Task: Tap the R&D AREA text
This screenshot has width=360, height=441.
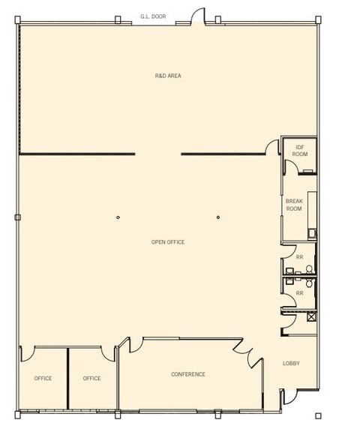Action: click(x=168, y=76)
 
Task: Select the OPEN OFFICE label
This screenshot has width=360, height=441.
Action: click(x=168, y=241)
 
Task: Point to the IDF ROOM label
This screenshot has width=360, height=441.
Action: click(x=300, y=150)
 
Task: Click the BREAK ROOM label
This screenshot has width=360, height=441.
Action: click(x=294, y=205)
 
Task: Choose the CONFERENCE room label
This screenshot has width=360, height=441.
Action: click(x=187, y=374)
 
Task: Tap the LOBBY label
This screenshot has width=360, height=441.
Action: click(x=291, y=364)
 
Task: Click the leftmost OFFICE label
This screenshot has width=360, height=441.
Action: click(x=43, y=378)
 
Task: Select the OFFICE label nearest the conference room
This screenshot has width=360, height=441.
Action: click(x=91, y=378)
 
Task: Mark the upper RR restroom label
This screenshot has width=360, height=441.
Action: click(x=299, y=257)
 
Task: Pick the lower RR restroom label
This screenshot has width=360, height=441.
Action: click(x=299, y=293)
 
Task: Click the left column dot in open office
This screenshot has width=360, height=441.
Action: click(x=118, y=217)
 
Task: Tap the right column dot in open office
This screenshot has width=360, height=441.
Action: click(x=218, y=217)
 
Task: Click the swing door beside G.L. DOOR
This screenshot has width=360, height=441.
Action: click(x=196, y=16)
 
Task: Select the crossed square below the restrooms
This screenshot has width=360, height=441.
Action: click(x=311, y=316)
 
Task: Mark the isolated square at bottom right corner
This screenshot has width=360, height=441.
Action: click(x=318, y=415)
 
